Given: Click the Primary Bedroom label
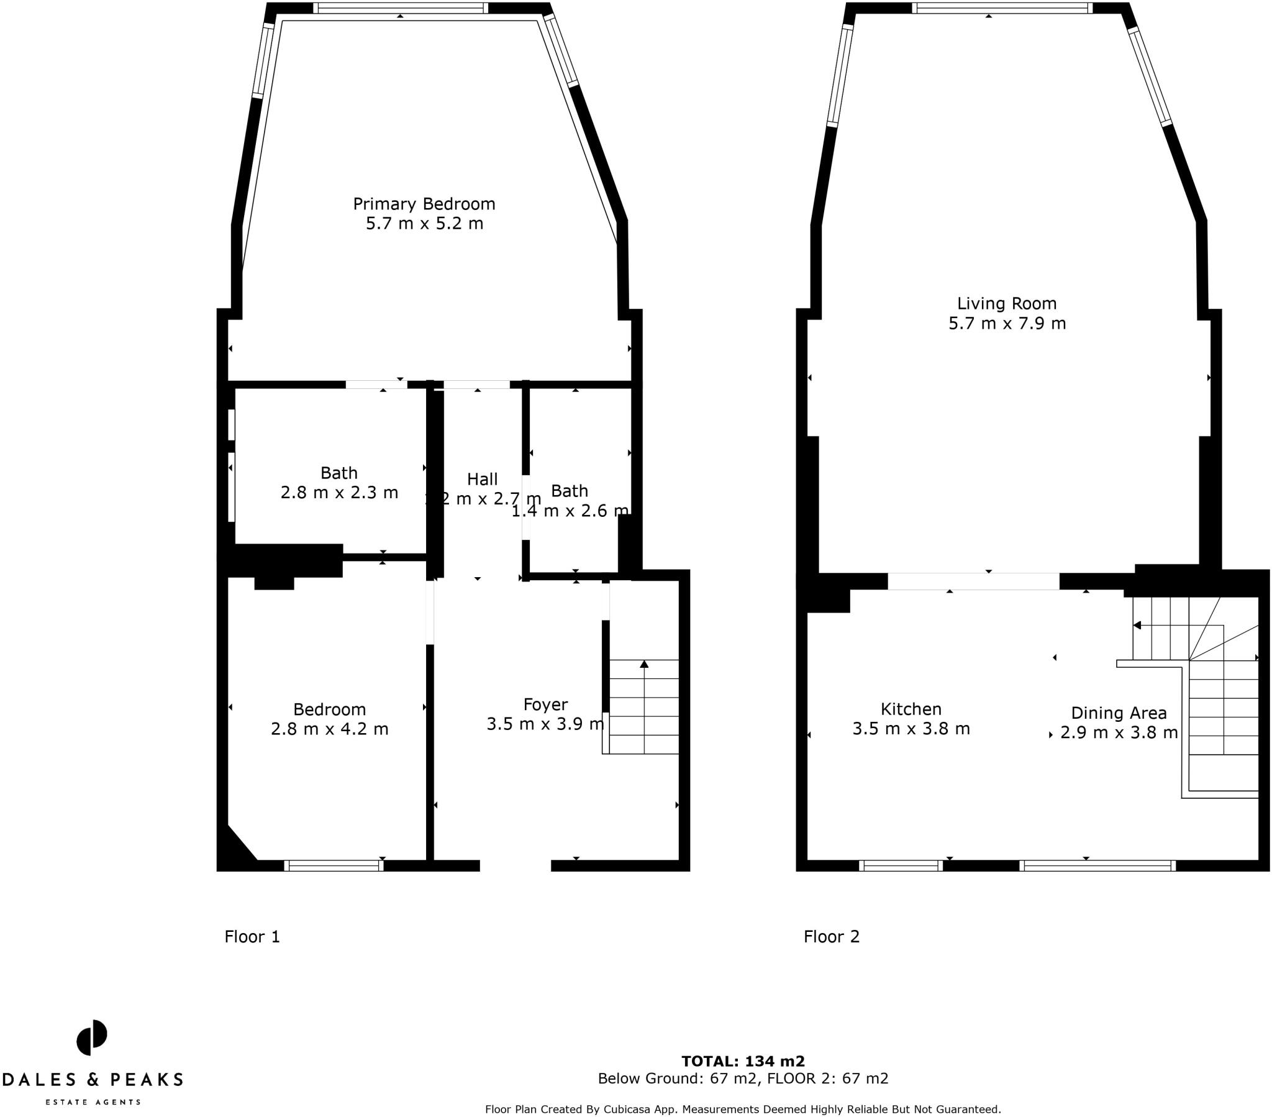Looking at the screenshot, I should pos(424,204).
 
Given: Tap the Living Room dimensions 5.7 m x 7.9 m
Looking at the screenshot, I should pos(1006,323).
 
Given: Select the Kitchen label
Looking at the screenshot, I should pos(911,709).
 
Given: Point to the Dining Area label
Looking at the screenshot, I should pos(1119,713).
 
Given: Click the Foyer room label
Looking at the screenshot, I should pos(545,704).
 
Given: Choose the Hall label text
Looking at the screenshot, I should pos(483,479).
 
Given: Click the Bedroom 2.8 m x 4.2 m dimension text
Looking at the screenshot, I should pos(329,729).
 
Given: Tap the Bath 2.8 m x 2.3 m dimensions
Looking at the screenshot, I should pos(339,493).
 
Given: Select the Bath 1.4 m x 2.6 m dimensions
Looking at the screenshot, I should pos(570,511).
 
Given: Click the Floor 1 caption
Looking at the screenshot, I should pos(252,936).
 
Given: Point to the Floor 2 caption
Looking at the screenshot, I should pos(832,936).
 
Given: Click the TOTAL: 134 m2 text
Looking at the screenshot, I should pos(743,1061).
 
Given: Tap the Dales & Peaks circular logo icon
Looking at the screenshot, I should pos(92,1037).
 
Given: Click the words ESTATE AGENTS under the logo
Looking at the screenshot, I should pos(93,1101).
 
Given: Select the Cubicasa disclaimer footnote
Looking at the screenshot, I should pos(743,1109).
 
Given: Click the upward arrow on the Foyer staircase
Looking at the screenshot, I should pos(644,664).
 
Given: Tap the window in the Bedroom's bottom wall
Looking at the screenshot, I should pos(334,865).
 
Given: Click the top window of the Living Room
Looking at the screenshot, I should pos(1002,8).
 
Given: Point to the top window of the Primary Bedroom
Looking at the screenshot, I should pos(400,8).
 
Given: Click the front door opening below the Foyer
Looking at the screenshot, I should pos(516,865).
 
